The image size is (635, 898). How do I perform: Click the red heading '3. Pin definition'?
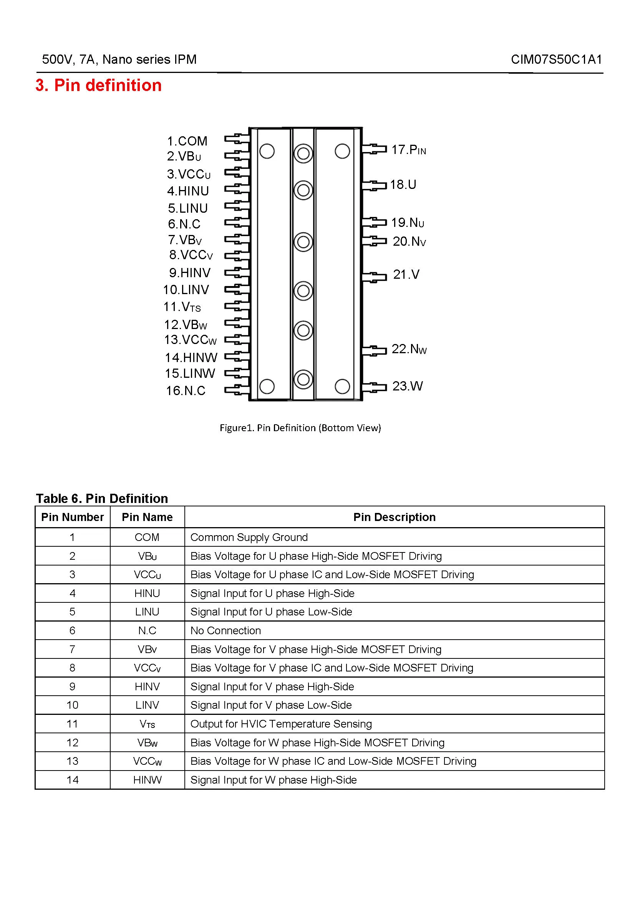(x=98, y=85)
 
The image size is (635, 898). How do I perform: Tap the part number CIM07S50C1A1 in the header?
(x=556, y=60)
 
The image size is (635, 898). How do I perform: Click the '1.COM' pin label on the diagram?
(x=187, y=141)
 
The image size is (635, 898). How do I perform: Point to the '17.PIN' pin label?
(x=408, y=150)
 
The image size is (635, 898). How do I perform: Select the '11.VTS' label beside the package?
(x=182, y=307)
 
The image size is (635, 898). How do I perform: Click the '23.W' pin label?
(x=407, y=386)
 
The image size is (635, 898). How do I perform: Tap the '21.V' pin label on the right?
(x=406, y=275)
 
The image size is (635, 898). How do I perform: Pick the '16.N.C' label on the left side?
(x=186, y=391)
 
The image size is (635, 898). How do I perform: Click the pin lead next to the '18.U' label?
(x=374, y=185)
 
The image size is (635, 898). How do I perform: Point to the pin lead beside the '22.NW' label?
(x=374, y=350)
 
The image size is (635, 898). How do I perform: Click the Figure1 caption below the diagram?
(x=300, y=428)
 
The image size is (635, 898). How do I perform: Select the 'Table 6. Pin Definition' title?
(x=102, y=499)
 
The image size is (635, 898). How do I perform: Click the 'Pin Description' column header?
(x=394, y=517)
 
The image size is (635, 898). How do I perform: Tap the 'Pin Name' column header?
(x=147, y=517)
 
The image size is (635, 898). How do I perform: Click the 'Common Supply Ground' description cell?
(x=249, y=537)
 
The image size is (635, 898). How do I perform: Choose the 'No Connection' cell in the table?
(x=225, y=630)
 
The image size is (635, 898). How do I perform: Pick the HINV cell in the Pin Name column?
(x=147, y=686)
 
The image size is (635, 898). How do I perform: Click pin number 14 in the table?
(x=72, y=780)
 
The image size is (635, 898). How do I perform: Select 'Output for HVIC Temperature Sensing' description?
(x=281, y=724)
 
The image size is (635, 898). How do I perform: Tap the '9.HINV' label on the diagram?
(x=190, y=273)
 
